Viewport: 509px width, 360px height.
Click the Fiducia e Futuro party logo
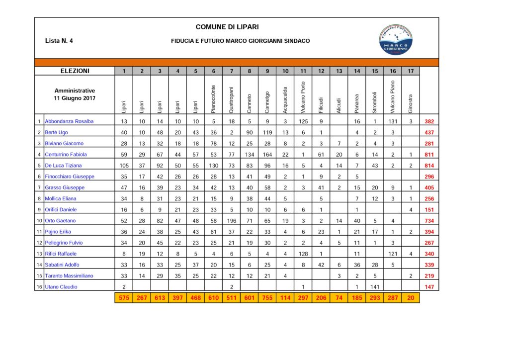(x=396, y=39)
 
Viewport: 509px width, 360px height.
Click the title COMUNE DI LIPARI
(x=227, y=27)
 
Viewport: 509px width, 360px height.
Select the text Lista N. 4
(x=59, y=41)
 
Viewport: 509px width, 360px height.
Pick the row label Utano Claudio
(x=62, y=287)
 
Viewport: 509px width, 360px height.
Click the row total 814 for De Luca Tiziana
(x=429, y=166)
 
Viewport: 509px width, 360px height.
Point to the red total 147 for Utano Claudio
(x=429, y=287)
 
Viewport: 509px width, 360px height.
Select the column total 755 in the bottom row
(x=267, y=298)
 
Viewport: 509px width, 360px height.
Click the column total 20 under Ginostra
(x=411, y=298)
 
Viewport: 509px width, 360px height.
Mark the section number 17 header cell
(x=411, y=71)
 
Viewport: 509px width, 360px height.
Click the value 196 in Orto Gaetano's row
(x=232, y=221)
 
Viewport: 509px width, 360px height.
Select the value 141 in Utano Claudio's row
(x=375, y=287)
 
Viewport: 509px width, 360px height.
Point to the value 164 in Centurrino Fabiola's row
(x=267, y=155)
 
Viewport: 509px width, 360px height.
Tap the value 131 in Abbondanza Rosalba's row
(x=393, y=121)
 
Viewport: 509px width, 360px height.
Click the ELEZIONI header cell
(x=75, y=71)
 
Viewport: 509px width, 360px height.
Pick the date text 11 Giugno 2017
(x=75, y=98)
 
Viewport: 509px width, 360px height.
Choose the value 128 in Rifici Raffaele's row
(x=303, y=254)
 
